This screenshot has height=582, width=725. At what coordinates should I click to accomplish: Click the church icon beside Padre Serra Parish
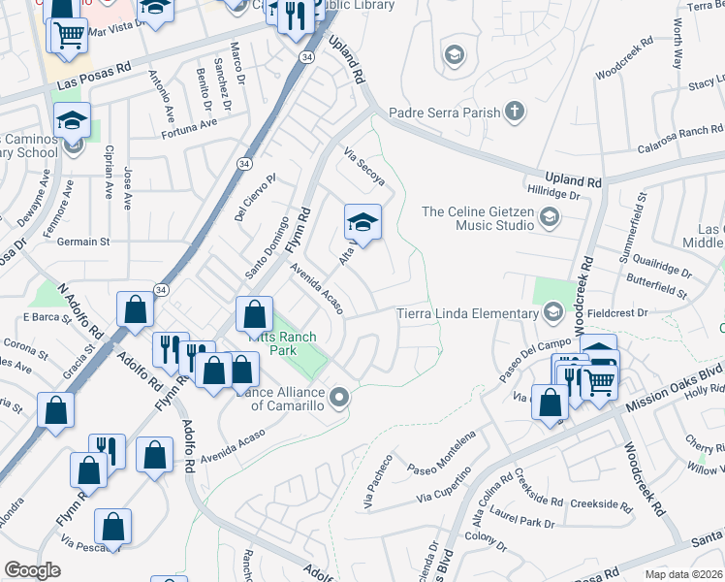515,113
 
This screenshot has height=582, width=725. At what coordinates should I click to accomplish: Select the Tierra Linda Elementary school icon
552,312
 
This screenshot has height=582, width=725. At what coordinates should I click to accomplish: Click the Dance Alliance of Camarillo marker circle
339,396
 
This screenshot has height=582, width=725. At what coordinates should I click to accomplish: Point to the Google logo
32,570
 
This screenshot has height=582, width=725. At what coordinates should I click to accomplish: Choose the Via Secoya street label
365,167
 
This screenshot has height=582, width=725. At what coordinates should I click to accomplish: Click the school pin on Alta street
362,223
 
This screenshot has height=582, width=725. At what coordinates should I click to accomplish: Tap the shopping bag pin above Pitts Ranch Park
254,313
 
